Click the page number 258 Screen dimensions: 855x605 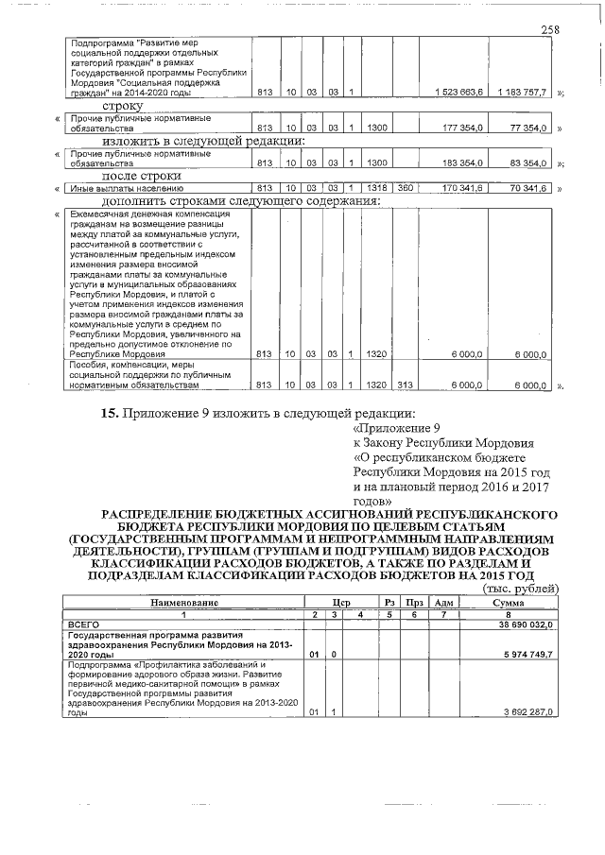point(550,30)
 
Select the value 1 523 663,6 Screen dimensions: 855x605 point(460,93)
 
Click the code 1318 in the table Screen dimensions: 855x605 point(377,188)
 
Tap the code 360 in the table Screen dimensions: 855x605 point(405,188)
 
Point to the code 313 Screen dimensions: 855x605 point(405,385)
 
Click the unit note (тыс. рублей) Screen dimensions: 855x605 point(521,589)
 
